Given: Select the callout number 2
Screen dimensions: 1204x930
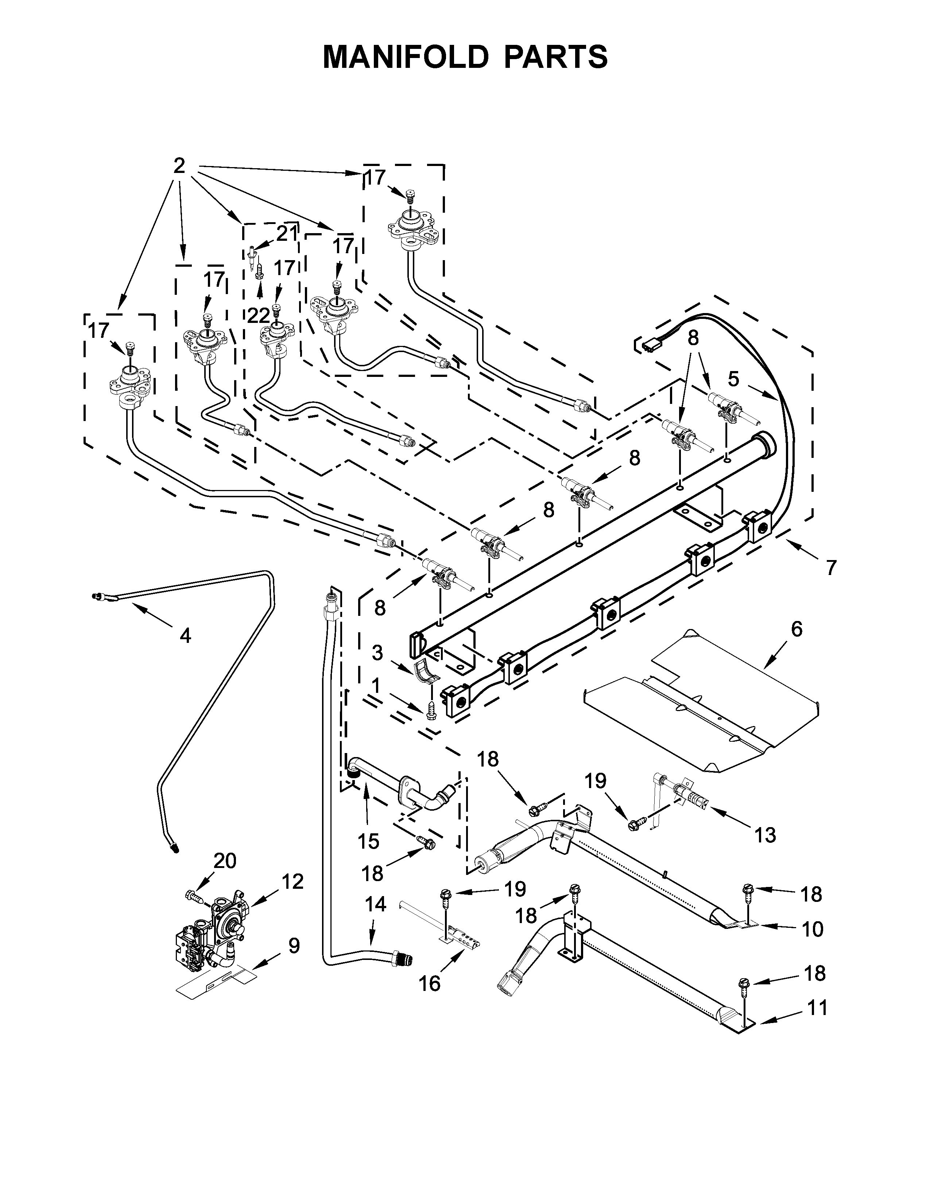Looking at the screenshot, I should tap(179, 165).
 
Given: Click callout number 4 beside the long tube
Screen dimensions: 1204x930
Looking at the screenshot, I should tap(186, 636).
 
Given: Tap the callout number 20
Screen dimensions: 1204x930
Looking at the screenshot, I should tap(225, 861).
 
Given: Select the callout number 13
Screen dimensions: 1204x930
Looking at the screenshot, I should tap(765, 835).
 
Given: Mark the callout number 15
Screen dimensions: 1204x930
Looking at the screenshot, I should tap(368, 841).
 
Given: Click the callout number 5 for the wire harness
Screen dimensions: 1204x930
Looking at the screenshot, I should tap(733, 379).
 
